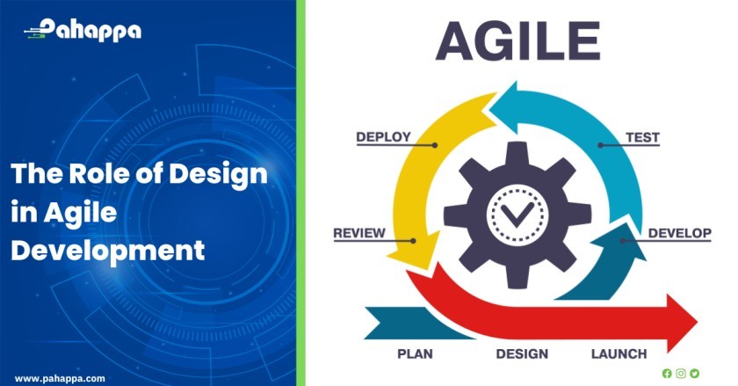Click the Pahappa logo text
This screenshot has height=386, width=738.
pyautogui.click(x=90, y=30)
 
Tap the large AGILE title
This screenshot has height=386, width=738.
pyautogui.click(x=517, y=41)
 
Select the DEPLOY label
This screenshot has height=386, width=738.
pyautogui.click(x=384, y=137)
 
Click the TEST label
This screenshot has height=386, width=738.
pyautogui.click(x=642, y=138)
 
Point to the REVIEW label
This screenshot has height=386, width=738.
pyautogui.click(x=359, y=233)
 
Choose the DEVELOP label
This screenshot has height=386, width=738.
pyautogui.click(x=680, y=233)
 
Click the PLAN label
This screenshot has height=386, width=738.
pyautogui.click(x=415, y=354)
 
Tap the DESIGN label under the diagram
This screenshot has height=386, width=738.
pyautogui.click(x=522, y=354)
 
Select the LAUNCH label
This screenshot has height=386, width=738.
pyautogui.click(x=619, y=354)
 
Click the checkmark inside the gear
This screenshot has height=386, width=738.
pyautogui.click(x=517, y=215)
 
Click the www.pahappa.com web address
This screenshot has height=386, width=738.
pyautogui.click(x=60, y=378)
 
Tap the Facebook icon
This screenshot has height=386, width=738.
pyautogui.click(x=667, y=374)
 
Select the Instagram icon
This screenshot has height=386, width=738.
pyautogui.click(x=681, y=374)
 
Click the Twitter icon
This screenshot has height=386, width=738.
pyautogui.click(x=694, y=374)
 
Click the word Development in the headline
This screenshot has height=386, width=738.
pyautogui.click(x=108, y=251)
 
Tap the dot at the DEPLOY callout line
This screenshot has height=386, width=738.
pyautogui.click(x=435, y=145)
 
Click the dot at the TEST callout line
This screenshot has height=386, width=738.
pyautogui.click(x=601, y=145)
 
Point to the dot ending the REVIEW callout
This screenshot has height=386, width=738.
pyautogui.click(x=413, y=241)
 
